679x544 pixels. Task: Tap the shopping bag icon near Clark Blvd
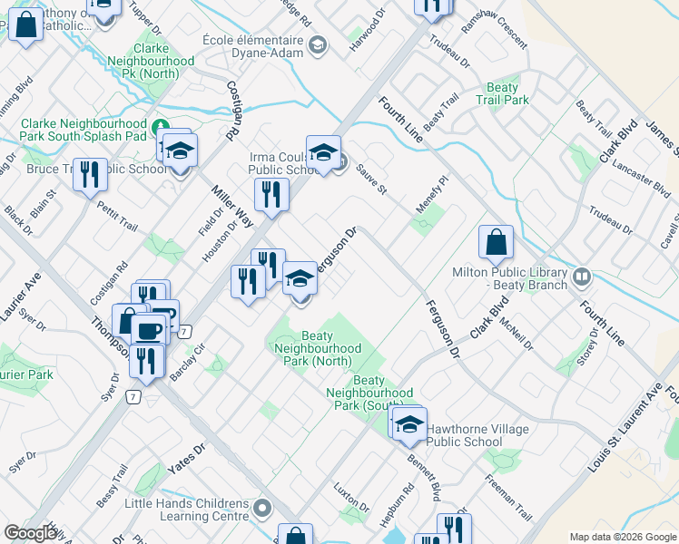(x=497, y=243)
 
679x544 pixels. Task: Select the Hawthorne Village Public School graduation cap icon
(x=410, y=425)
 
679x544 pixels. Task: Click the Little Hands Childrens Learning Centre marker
(x=263, y=506)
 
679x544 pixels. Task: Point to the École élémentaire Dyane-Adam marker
(x=317, y=45)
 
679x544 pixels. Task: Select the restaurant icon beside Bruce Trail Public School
(x=88, y=175)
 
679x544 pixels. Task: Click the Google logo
(x=31, y=533)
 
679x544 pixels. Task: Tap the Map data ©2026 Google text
(x=621, y=537)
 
